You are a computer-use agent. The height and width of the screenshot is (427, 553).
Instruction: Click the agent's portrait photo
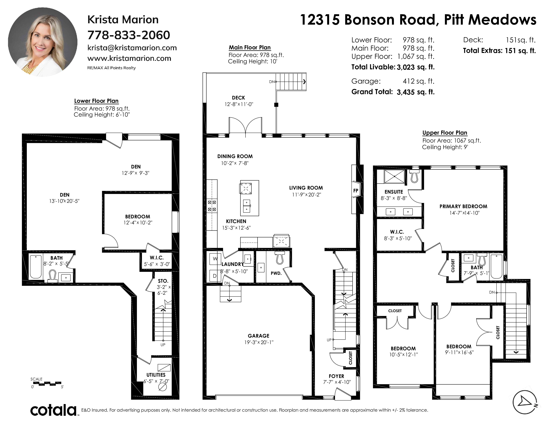(43, 42)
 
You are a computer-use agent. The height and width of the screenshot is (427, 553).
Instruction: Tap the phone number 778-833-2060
(129, 35)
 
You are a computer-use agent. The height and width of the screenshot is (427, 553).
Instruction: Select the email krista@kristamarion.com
(132, 48)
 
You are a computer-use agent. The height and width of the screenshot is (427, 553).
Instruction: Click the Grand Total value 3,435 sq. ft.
(416, 92)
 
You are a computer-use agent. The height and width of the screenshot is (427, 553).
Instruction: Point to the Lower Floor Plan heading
(96, 101)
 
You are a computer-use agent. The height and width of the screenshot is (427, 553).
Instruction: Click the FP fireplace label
(356, 191)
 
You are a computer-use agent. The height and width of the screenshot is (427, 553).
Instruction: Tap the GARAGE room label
(259, 336)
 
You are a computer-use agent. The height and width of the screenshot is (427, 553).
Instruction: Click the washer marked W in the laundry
(215, 259)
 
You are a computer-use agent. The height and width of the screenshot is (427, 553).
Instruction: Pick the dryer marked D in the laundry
(215, 276)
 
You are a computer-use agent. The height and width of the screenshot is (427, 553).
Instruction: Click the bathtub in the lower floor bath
(36, 267)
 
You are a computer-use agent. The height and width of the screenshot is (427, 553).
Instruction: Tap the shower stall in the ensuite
(394, 176)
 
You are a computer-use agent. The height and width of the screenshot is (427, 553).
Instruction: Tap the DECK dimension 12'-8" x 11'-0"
(239, 104)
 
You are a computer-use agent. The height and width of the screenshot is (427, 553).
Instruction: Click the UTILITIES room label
(156, 375)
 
